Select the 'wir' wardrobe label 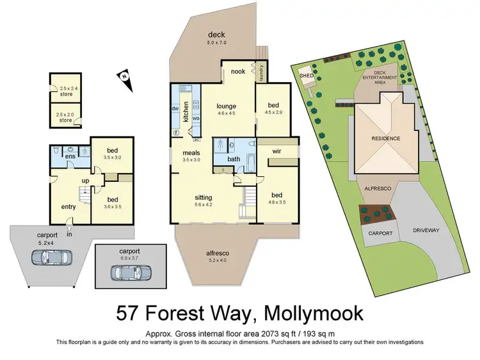[x=277, y=151]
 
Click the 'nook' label [x=238, y=71]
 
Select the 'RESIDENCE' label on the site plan [x=386, y=138]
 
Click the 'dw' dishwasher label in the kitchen [x=175, y=108]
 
